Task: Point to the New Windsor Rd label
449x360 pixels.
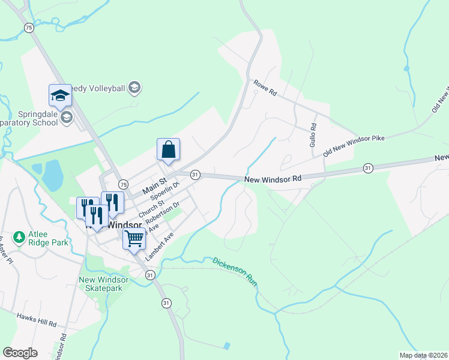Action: coord(273,179)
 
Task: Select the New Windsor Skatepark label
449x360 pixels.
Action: coord(100,284)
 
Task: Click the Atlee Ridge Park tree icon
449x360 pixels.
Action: coord(19,238)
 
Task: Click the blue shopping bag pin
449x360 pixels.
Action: coord(169,150)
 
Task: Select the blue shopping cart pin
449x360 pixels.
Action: coord(134,239)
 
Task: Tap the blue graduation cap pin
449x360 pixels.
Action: coord(60,95)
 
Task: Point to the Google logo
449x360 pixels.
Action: coord(20,352)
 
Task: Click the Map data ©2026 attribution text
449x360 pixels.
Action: coord(423,355)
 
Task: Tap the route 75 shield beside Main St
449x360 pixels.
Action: coord(122,184)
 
